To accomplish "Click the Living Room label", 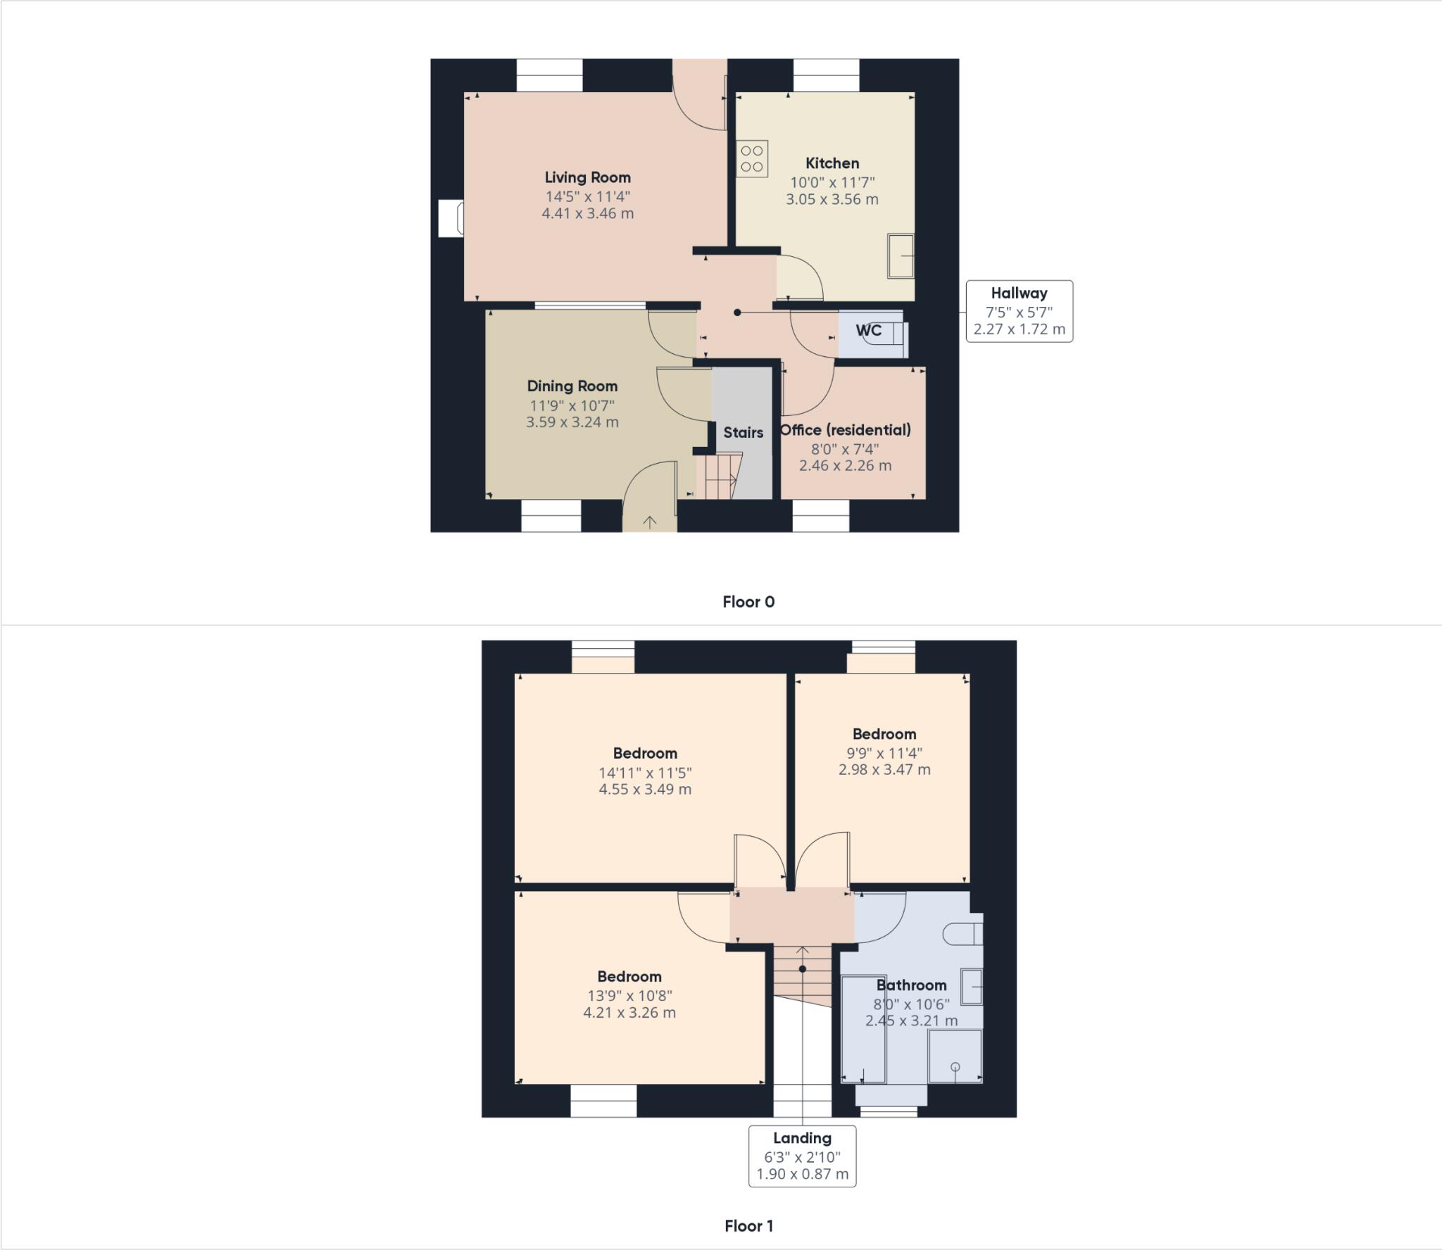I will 587,177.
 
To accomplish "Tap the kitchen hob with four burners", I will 752,158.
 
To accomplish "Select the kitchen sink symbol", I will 901,256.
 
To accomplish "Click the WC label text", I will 868,330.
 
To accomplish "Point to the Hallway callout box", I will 1019,311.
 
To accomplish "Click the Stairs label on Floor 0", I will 743,432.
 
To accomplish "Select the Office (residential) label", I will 845,429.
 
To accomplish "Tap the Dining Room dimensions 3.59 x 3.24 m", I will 572,422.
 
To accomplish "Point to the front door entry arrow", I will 649,522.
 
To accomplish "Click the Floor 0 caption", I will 748,602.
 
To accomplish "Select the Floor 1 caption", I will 748,1226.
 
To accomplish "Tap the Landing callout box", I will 802,1156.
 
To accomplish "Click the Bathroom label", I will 911,985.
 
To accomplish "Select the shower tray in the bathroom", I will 955,1056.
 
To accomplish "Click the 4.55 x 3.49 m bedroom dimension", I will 645,789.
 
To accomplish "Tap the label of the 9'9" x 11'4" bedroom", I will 884,733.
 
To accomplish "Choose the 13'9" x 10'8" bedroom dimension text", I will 629,995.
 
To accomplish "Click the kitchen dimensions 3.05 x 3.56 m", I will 832,199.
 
